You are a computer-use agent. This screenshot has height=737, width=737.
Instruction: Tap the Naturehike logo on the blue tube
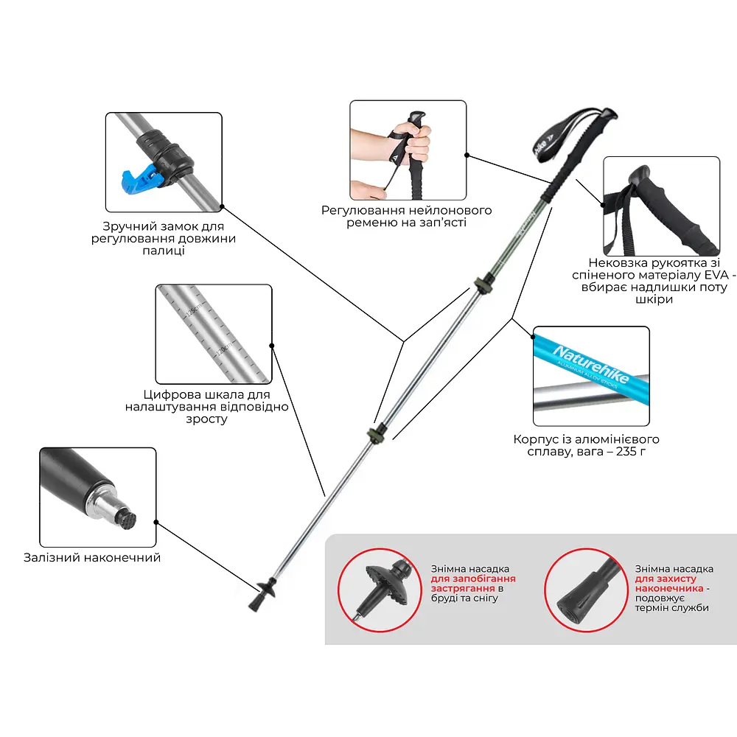(590, 364)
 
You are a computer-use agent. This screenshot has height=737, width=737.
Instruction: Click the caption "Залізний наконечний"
(92, 557)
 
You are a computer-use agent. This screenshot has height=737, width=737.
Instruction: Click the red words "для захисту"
(665, 579)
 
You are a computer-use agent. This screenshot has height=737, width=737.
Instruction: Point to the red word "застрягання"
(463, 588)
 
